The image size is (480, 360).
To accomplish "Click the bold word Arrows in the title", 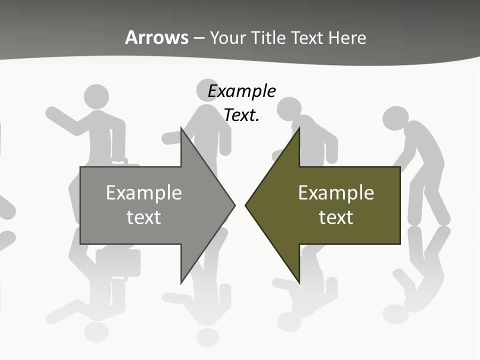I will [x=156, y=37].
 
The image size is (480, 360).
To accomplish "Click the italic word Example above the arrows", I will [x=241, y=91].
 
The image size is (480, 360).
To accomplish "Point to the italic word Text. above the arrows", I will [x=241, y=115].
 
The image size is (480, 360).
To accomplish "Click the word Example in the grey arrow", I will [x=143, y=192].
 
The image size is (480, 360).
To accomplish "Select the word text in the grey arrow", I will [x=143, y=217].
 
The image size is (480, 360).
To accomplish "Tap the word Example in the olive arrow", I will [x=336, y=192].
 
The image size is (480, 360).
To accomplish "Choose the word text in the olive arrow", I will [x=336, y=217].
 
